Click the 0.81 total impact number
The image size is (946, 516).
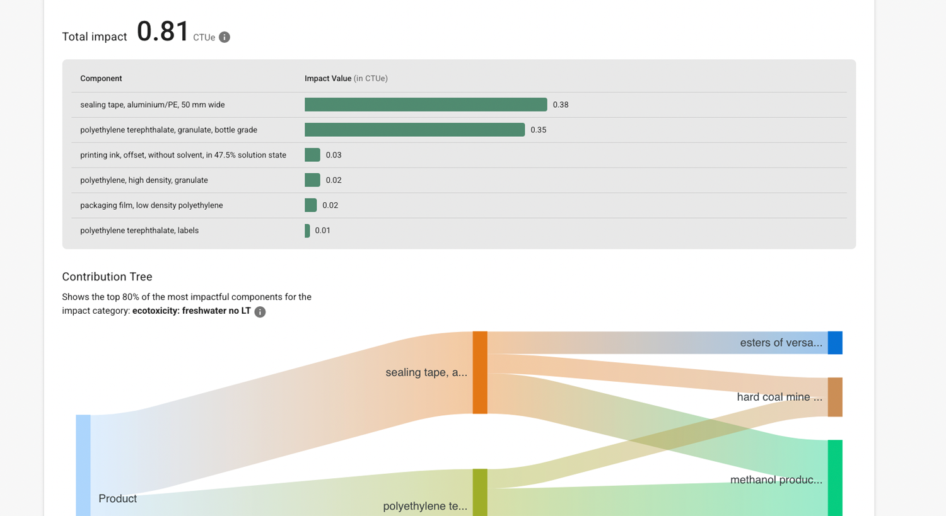(x=163, y=32)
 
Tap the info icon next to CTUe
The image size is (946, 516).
(x=225, y=37)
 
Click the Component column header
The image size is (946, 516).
(x=101, y=79)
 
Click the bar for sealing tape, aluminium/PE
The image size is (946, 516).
(x=426, y=105)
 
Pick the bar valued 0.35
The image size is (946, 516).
(x=414, y=130)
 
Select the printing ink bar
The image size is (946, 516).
(x=312, y=155)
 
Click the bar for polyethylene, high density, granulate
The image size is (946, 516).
(x=312, y=180)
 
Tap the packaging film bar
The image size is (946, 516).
(x=310, y=205)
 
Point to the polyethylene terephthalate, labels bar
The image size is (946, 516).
(x=307, y=231)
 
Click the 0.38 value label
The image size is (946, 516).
(x=561, y=105)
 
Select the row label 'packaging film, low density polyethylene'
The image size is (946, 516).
(x=151, y=205)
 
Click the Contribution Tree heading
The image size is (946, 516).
(x=107, y=277)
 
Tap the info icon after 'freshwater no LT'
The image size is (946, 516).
(x=260, y=312)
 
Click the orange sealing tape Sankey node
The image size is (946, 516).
(x=480, y=372)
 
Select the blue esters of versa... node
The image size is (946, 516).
(x=835, y=343)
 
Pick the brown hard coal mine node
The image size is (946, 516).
(x=835, y=397)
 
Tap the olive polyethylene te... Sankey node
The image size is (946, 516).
(x=480, y=492)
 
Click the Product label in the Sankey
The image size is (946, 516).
(x=117, y=498)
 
